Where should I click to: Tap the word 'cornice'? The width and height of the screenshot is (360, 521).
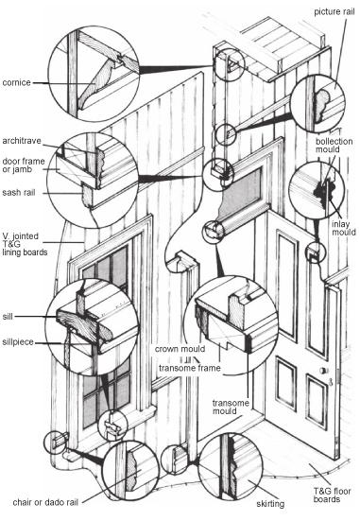[17, 82]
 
